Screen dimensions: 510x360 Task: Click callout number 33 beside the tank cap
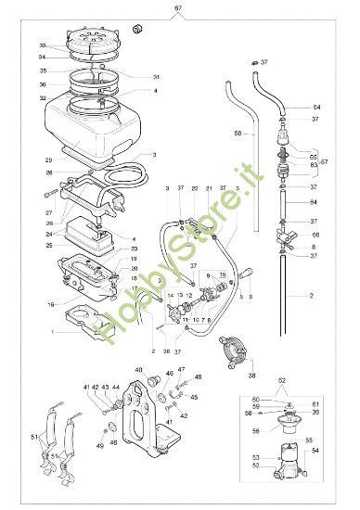click(x=43, y=45)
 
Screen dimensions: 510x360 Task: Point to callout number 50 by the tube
click(x=238, y=134)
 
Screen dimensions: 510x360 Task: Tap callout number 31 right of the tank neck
click(x=157, y=76)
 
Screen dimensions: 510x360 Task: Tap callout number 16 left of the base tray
click(x=52, y=303)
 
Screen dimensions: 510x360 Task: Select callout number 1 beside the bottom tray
click(x=54, y=331)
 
